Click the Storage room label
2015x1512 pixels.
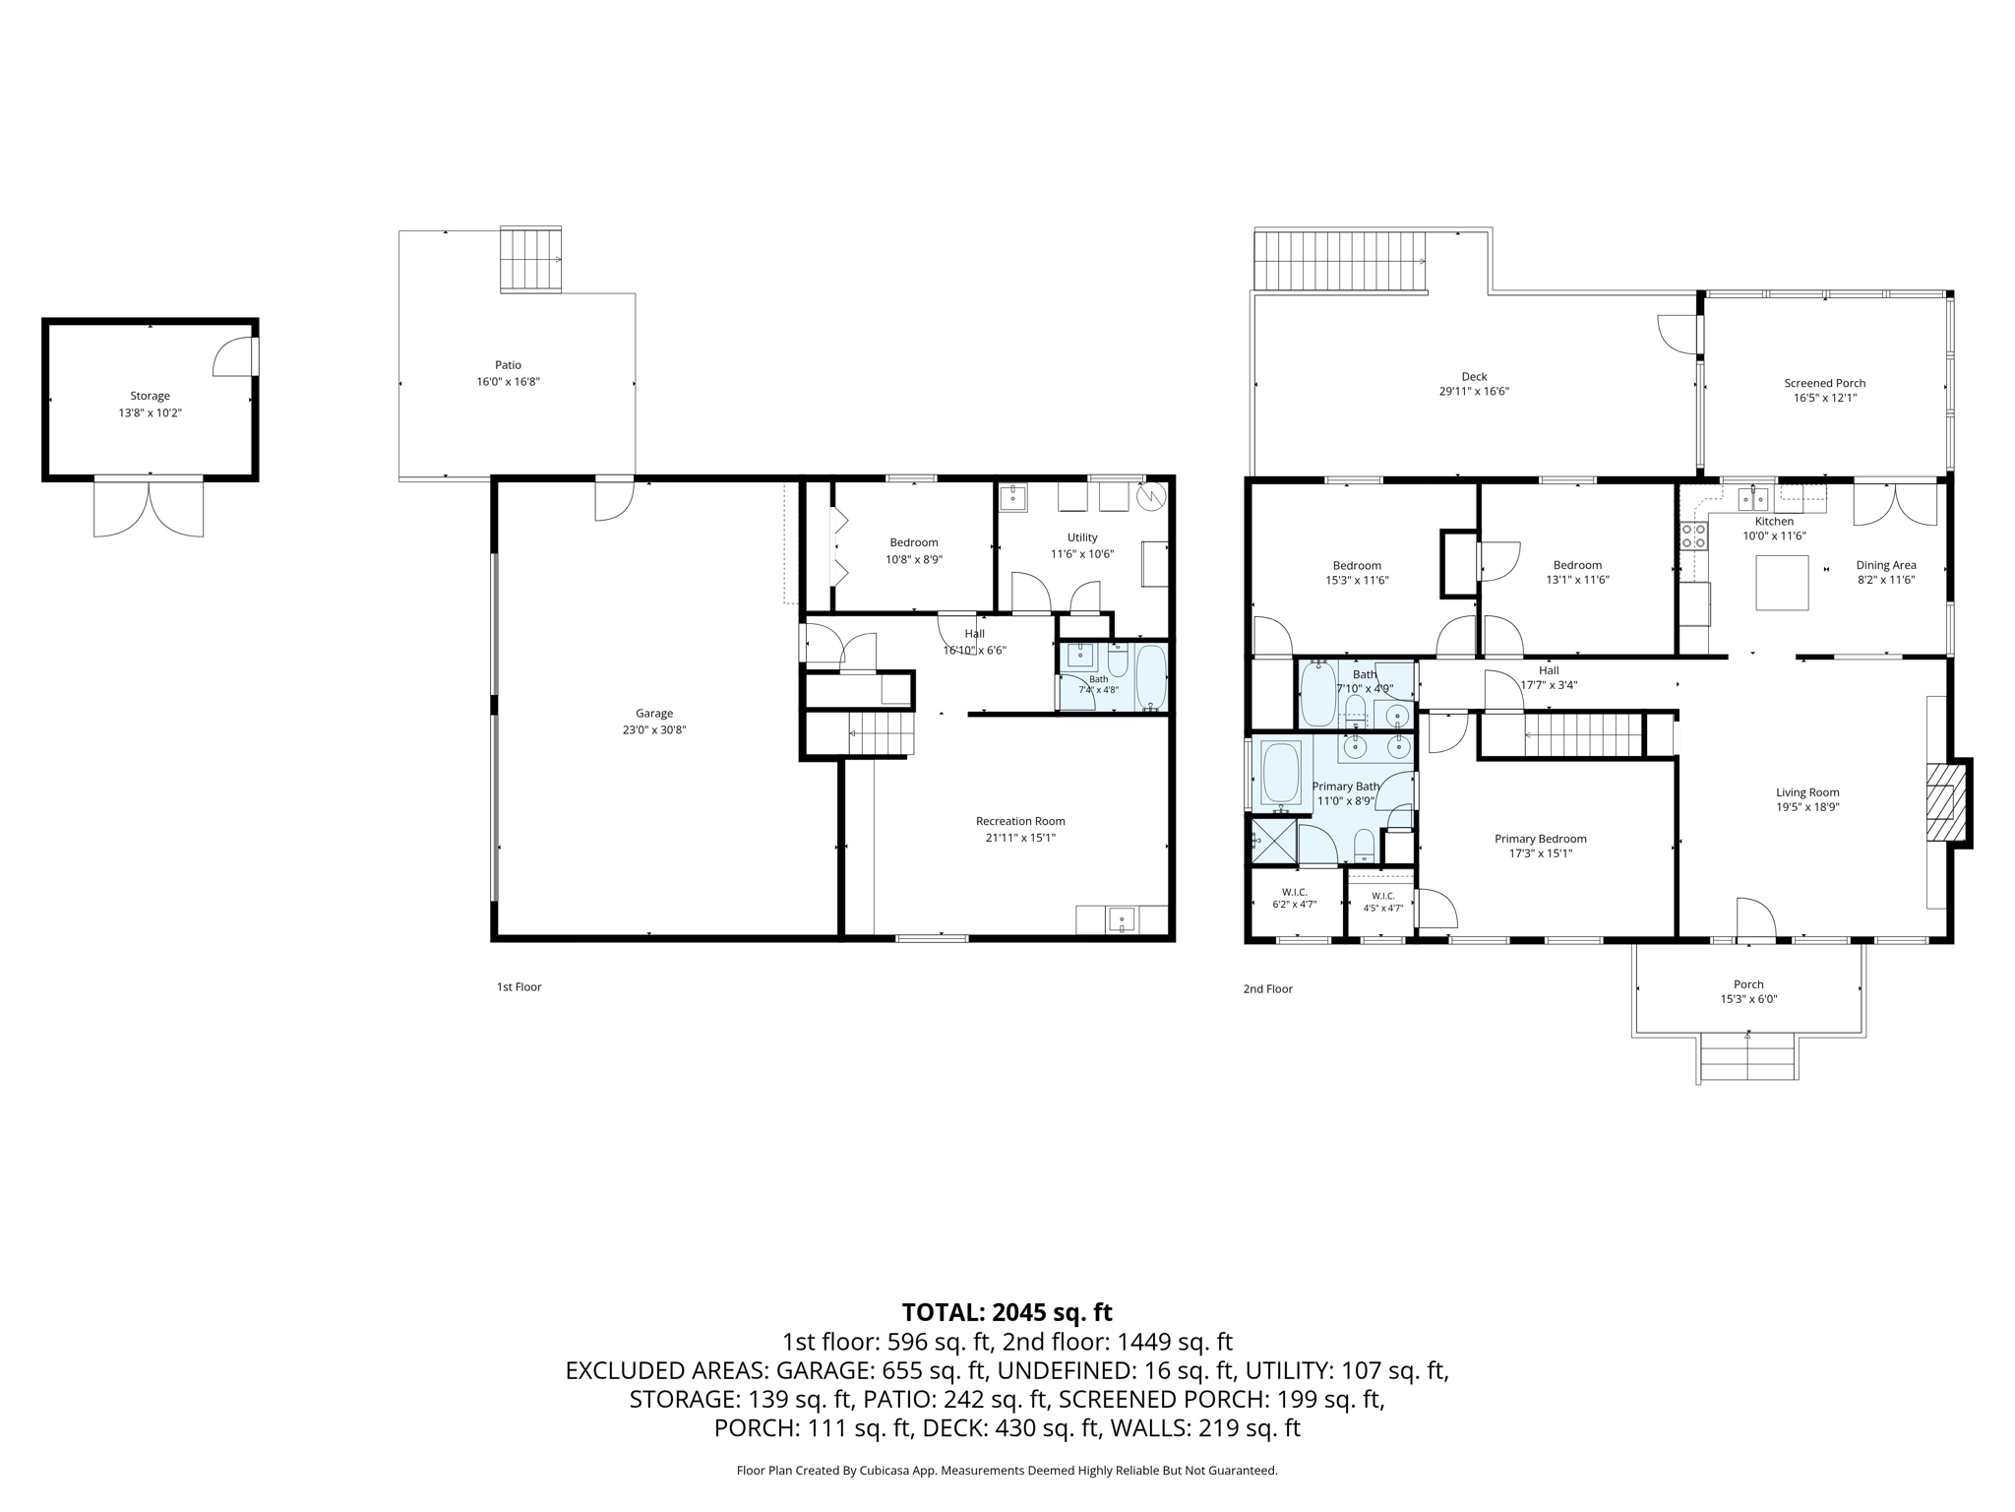click(x=151, y=396)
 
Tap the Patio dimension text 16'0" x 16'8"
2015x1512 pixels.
click(x=508, y=381)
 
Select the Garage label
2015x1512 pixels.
click(x=654, y=714)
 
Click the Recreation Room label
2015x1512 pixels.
click(x=1020, y=821)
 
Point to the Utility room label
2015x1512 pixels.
click(x=1082, y=537)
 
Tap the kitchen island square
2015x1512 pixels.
click(x=1782, y=583)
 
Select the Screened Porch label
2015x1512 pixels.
click(x=1825, y=383)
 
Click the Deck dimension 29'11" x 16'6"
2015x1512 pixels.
click(x=1474, y=391)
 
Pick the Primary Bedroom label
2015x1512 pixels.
click(x=1541, y=839)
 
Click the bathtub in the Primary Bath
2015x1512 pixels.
click(x=1281, y=773)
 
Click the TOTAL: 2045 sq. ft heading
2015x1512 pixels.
click(x=1007, y=1312)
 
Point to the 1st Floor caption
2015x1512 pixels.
click(x=519, y=986)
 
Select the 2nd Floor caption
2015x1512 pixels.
click(x=1267, y=988)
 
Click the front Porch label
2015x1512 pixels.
click(x=1748, y=984)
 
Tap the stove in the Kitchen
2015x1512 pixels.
click(x=1693, y=535)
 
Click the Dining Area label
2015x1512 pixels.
click(x=1886, y=565)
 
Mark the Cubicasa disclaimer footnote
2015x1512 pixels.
click(x=1007, y=1471)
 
